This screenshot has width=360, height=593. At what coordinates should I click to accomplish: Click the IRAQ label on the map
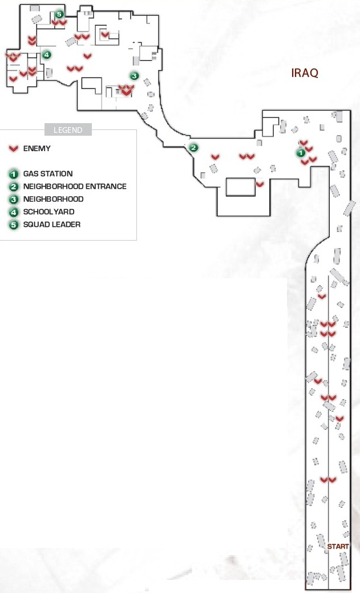tap(305, 72)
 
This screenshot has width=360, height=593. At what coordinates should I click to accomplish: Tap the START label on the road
tap(338, 546)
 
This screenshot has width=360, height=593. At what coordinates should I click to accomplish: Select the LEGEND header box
tap(68, 130)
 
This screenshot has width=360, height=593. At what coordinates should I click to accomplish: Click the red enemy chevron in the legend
tap(14, 149)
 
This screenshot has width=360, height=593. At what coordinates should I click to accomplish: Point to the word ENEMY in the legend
tap(37, 148)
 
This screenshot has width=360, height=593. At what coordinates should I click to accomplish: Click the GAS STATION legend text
tap(48, 173)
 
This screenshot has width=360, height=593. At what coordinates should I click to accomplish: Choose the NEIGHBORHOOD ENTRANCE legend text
tap(75, 186)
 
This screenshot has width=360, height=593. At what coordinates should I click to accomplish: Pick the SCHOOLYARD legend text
tap(49, 212)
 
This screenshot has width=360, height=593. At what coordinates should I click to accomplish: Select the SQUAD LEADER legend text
tap(52, 224)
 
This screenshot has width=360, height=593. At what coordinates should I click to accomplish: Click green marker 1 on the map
tap(300, 153)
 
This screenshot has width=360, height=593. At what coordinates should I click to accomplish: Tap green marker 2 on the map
tap(193, 148)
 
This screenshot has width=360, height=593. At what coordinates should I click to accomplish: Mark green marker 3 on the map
tap(135, 76)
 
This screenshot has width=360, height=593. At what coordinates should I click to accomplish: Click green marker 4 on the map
tap(46, 55)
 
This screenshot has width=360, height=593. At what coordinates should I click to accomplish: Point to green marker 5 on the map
tap(59, 14)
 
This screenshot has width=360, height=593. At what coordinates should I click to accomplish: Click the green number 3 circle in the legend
tap(14, 200)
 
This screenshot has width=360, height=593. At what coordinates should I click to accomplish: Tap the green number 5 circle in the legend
tap(14, 225)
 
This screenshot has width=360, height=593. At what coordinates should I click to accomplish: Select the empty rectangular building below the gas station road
tap(241, 187)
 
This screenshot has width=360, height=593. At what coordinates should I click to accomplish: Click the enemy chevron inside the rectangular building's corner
tap(260, 185)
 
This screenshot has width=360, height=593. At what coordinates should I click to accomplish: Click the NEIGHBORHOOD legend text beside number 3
tap(54, 199)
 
